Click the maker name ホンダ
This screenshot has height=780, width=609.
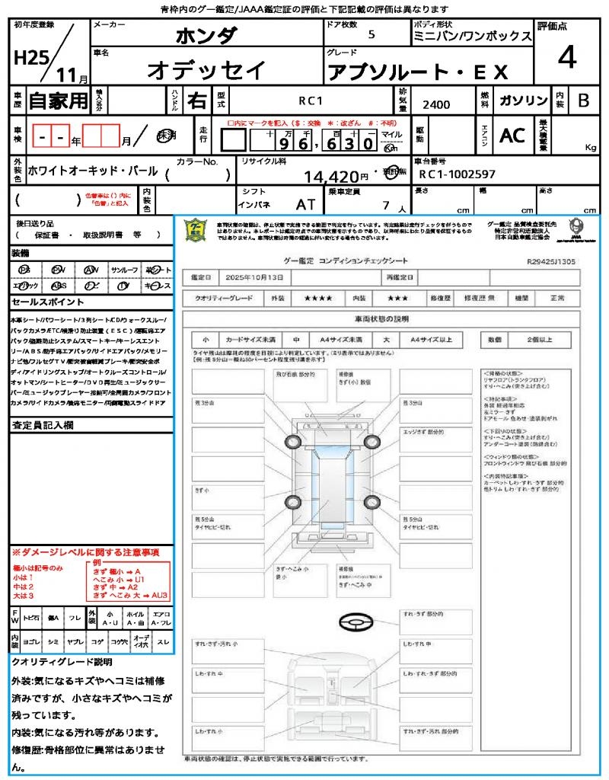206,36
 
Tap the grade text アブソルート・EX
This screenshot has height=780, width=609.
417,72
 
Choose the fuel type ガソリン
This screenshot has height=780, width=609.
523,101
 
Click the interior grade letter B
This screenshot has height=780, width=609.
583,101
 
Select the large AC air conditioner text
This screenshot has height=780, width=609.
512,136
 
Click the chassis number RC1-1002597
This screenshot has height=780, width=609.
458,174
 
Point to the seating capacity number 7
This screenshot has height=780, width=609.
386,205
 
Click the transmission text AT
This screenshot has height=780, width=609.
306,205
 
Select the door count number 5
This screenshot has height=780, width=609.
371,35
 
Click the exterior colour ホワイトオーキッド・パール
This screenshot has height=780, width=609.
93,171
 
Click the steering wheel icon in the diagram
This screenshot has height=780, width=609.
355,622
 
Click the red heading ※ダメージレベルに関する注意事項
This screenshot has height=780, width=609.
85,551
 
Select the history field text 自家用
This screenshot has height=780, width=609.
59,101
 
